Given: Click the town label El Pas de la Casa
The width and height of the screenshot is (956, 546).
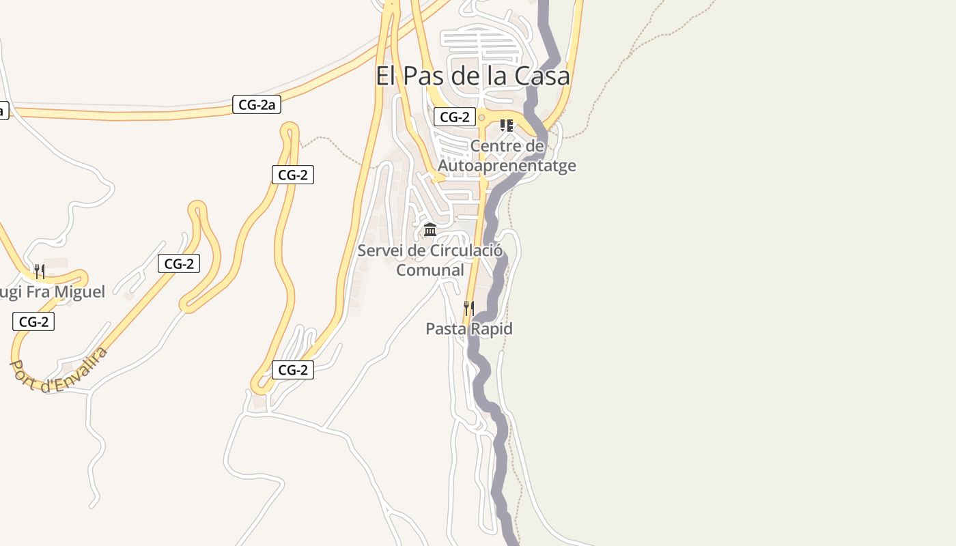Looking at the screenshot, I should (x=473, y=76).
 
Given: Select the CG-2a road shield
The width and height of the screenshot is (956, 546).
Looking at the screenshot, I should (x=257, y=104).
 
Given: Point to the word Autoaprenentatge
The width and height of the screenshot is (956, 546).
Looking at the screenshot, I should (x=507, y=166).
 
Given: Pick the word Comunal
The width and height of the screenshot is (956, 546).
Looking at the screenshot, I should (x=430, y=270).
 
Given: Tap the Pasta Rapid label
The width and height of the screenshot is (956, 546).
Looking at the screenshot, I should (x=469, y=329).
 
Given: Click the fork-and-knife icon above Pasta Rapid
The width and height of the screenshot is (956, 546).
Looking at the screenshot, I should (x=468, y=308).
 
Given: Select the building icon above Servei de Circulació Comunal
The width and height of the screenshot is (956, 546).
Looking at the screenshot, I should (x=430, y=230).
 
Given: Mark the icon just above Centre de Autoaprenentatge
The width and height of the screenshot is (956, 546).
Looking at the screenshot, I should (x=506, y=126).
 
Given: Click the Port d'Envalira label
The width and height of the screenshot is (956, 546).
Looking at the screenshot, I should (x=59, y=369).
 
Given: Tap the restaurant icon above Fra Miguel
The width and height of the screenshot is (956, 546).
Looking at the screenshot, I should (x=40, y=272).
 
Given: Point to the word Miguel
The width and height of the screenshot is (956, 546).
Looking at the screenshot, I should (x=79, y=292).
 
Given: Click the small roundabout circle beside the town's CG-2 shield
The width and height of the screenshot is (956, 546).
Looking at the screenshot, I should (x=481, y=117).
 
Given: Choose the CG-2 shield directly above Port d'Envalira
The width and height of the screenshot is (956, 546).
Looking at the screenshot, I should (x=33, y=321).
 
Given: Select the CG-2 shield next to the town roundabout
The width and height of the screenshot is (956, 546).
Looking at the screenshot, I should (x=455, y=117).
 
